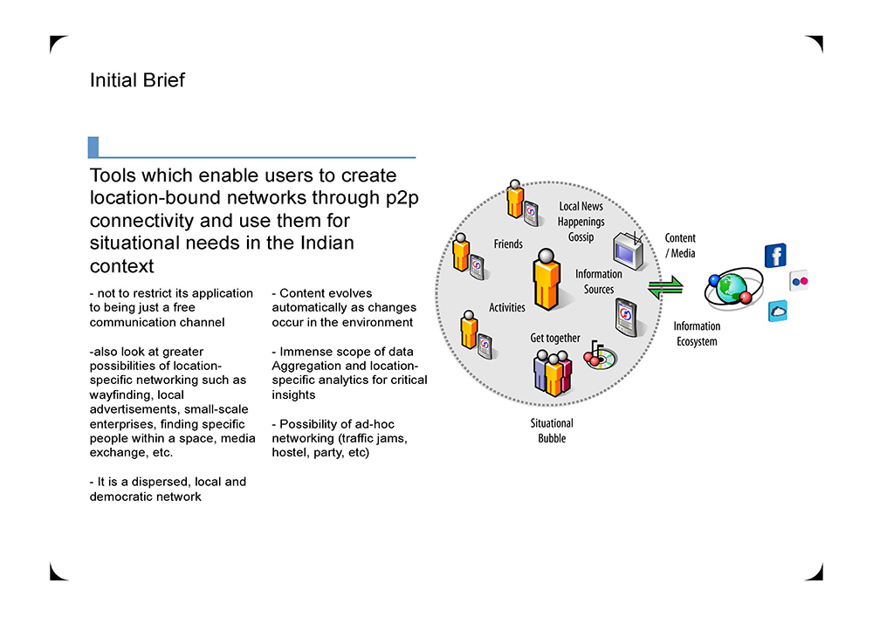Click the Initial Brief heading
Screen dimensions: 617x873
pos(137,80)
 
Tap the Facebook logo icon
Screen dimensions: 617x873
pos(776,256)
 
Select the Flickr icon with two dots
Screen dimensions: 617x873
pos(801,282)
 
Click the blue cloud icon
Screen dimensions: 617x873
pos(778,311)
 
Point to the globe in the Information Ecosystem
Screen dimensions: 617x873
pos(732,287)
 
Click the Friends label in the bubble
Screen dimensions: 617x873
pos(508,245)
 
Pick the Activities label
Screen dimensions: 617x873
pos(507,307)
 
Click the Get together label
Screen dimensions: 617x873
pos(555,338)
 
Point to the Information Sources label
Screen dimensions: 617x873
pos(599,282)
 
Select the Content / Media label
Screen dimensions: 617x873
pos(680,245)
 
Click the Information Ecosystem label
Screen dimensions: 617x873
pos(697,334)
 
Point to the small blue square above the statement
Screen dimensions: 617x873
pos(93,147)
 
